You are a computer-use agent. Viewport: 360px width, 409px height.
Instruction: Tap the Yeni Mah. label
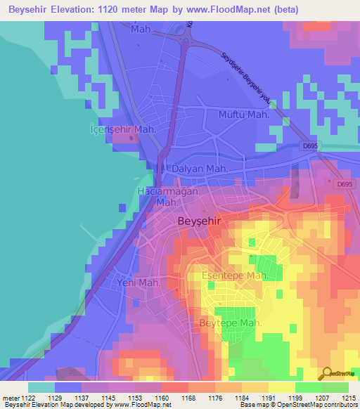point(138,283)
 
